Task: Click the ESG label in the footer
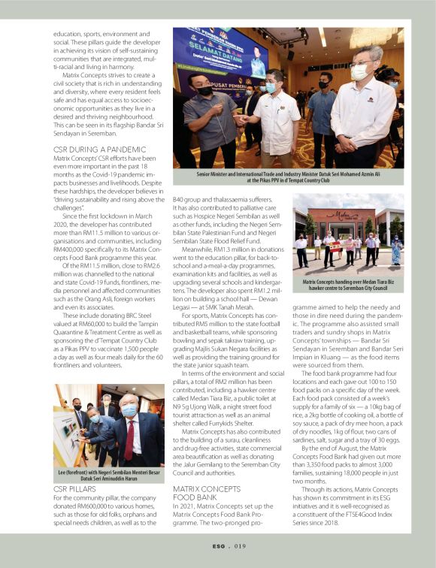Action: point(217,548)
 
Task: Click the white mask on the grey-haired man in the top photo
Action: point(359,72)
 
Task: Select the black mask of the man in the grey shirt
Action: point(205,89)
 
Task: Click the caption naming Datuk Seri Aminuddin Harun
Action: point(107,475)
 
